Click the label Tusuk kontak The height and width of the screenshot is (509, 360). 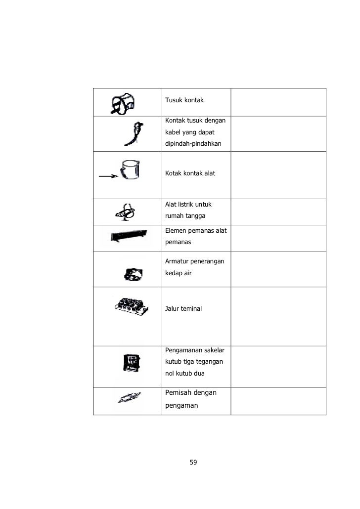click(x=184, y=101)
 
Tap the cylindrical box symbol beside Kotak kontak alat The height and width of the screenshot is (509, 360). click(x=130, y=170)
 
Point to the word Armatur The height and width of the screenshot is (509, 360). click(x=178, y=262)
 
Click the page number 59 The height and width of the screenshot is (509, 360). click(x=193, y=463)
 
